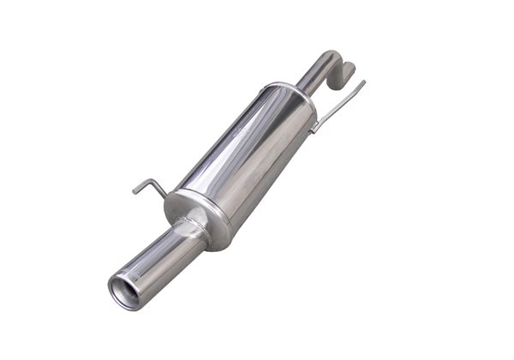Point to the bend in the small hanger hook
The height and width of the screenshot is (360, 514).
tap(153, 181)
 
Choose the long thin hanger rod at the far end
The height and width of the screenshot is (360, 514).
tap(339, 105)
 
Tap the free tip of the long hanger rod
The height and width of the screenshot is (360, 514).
tap(364, 83)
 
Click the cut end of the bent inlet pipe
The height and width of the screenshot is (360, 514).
tap(350, 68)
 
